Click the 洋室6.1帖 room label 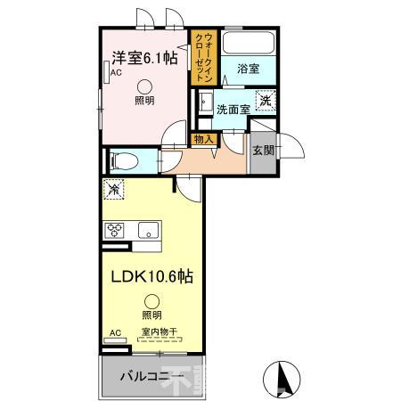tap(144, 59)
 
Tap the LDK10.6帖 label tap(149, 276)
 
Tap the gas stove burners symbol tap(115, 230)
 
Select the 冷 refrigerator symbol tap(113, 189)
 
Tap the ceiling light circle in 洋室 tap(144, 86)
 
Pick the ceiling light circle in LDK tap(151, 302)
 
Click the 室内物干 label tap(160, 332)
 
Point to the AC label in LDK tap(114, 333)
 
